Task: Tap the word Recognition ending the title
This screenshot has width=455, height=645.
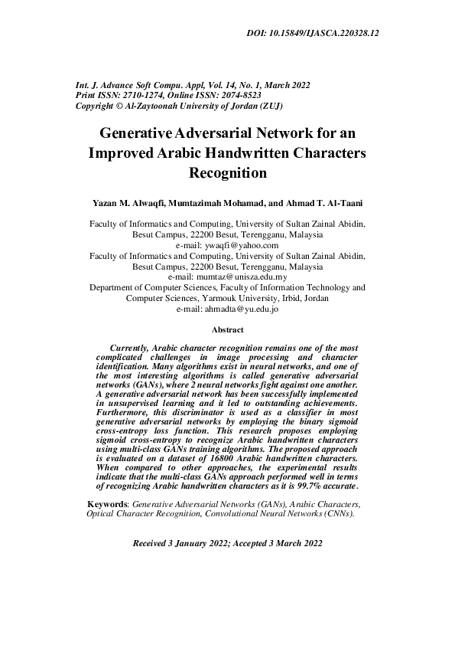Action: coord(228,172)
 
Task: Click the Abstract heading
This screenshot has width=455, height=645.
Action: coord(227,330)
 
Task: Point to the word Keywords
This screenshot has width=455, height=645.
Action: coord(109,505)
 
